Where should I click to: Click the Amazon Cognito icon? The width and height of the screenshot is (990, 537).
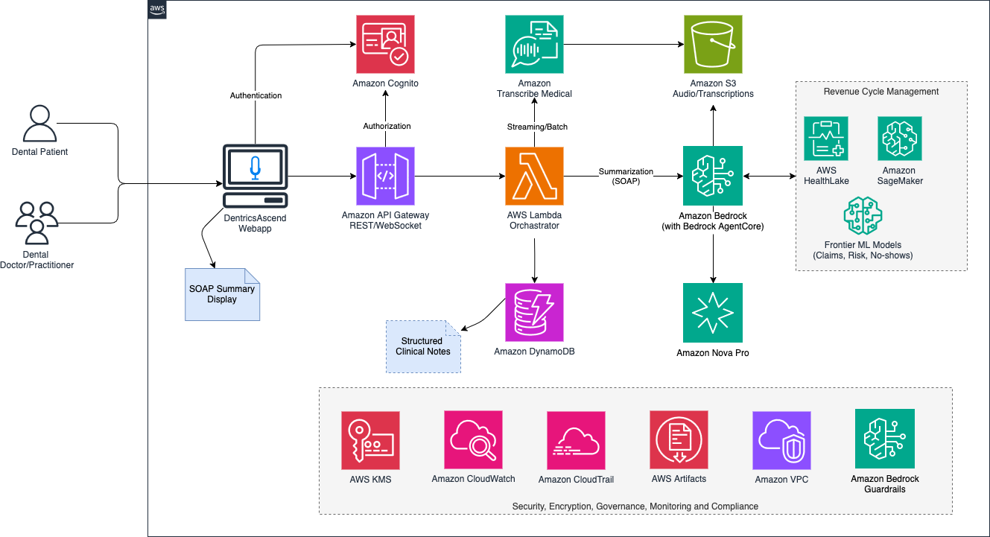pos(385,44)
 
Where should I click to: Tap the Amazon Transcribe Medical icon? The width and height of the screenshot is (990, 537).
pos(533,44)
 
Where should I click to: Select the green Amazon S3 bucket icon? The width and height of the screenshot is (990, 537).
pos(713,44)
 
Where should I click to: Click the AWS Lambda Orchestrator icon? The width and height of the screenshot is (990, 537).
pos(534,176)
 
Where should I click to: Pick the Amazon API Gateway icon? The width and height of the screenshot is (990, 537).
pos(385,176)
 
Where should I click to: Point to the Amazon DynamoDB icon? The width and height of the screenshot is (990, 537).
pos(534,311)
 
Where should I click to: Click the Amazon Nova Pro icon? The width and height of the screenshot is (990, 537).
pos(713,312)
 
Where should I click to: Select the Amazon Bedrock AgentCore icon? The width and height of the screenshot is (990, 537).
pos(713,176)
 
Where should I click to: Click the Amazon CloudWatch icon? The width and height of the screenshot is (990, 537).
pos(473,439)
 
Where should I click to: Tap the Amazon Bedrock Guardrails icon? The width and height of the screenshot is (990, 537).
pos(885,439)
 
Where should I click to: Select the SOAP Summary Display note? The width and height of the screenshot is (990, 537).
pos(222,294)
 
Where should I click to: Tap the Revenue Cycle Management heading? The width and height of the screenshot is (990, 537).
pos(880,92)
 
